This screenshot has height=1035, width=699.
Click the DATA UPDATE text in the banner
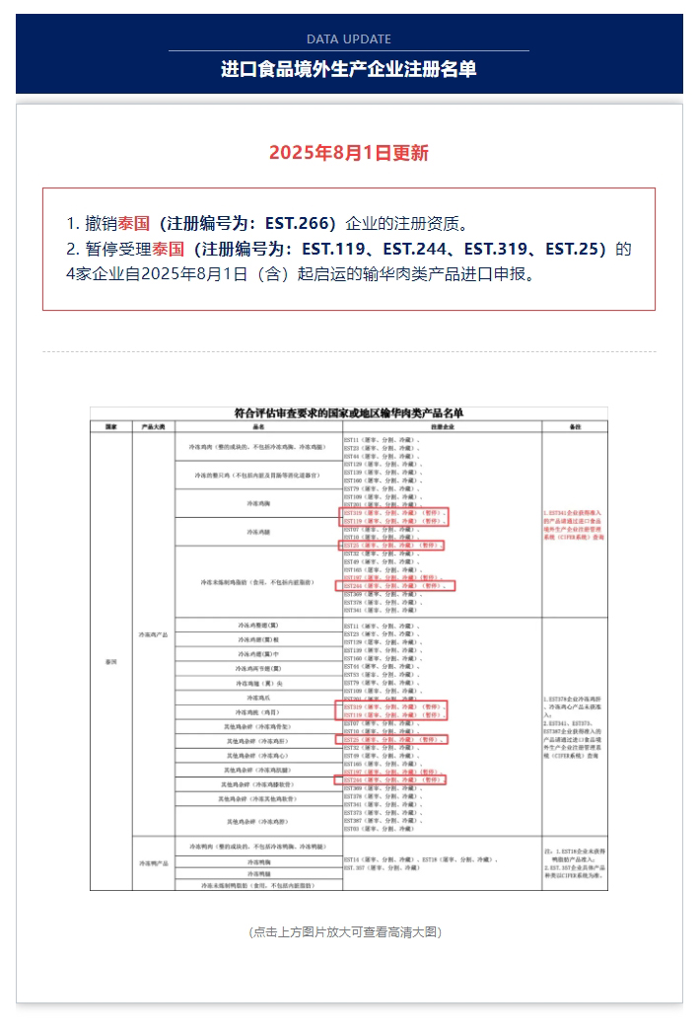(349, 39)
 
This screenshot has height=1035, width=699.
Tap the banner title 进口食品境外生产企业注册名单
(349, 69)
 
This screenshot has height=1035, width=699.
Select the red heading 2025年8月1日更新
(349, 153)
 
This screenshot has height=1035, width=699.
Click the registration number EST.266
(299, 223)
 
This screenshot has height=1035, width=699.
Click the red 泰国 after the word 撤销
(134, 223)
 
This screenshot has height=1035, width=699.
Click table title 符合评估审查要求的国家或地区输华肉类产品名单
(349, 413)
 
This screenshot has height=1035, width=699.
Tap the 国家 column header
(110, 426)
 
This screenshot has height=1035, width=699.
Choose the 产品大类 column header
(154, 426)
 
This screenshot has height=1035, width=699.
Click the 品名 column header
(259, 426)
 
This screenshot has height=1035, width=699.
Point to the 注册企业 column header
(441, 426)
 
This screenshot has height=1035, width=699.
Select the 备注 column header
(575, 426)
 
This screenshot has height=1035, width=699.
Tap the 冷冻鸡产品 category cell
(154, 633)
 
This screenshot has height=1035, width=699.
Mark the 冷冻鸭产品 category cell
(154, 862)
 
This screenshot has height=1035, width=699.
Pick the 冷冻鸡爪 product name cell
(259, 697)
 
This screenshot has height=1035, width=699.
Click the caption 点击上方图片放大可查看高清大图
(349, 931)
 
